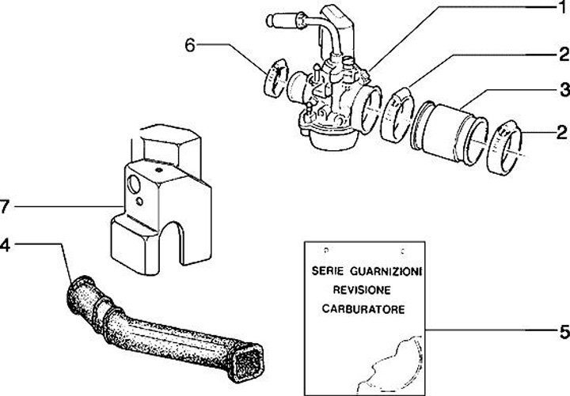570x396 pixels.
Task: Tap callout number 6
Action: (190, 45)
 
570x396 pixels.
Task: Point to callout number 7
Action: (5, 208)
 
